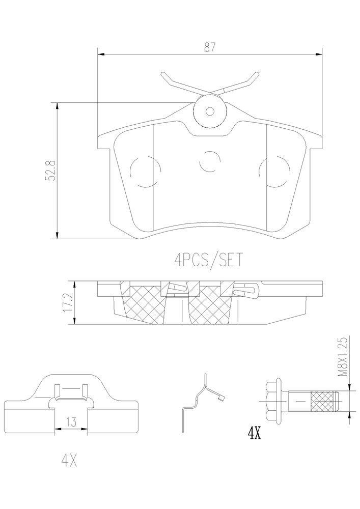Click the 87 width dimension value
pos(210,47)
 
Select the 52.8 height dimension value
pos(51,171)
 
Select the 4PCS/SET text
pos(208,260)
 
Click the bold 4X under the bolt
pos(254,433)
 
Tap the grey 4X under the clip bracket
pos(70,461)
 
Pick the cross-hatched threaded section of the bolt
pos(323,401)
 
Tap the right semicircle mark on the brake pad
pos(274,172)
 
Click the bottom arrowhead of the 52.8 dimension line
pos(57,235)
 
